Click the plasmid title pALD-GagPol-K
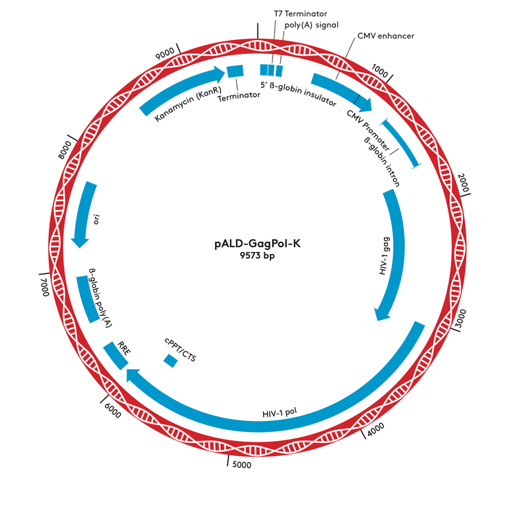click(x=257, y=244)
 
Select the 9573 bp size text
click(x=257, y=257)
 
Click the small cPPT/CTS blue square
click(x=170, y=360)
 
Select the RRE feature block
click(x=114, y=355)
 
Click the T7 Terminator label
click(x=300, y=13)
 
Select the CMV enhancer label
click(x=386, y=35)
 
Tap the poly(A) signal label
click(x=311, y=25)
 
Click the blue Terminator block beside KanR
click(x=236, y=71)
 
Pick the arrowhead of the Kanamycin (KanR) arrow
click(x=220, y=72)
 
